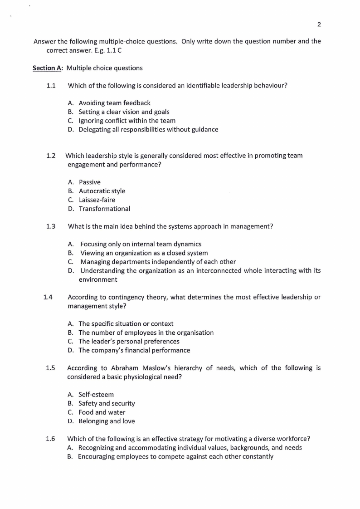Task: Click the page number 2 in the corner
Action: tap(320, 24)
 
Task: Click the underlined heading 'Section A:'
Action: tap(48, 68)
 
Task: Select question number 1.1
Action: tap(51, 85)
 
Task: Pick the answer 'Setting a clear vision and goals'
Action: tap(124, 112)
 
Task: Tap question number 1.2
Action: tap(51, 156)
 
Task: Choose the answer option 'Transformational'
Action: tap(104, 209)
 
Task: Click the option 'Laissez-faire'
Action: tap(97, 200)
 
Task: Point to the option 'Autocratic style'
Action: tap(102, 191)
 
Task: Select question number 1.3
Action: tap(51, 226)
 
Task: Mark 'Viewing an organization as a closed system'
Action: tap(144, 253)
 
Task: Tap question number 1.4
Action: tap(48, 297)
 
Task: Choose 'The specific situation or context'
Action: tap(126, 324)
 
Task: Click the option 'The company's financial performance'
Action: tap(134, 350)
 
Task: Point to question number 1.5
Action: tap(51, 368)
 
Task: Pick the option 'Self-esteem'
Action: tap(96, 395)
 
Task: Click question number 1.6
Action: tap(51, 439)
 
